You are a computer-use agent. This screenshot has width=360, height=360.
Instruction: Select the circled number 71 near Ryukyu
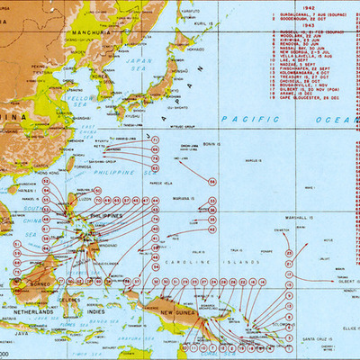[156, 139]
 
